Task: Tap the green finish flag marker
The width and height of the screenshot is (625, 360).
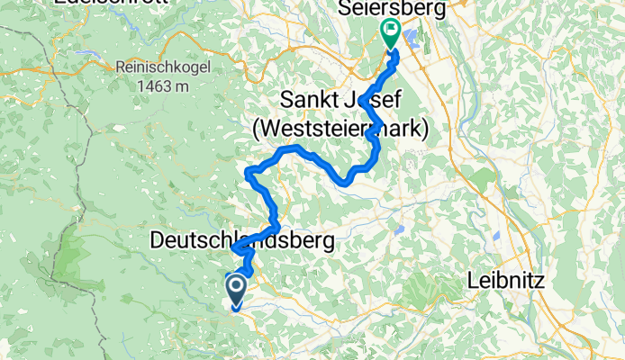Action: pos(390,32)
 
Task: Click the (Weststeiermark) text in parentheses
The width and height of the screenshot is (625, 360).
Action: pos(340,130)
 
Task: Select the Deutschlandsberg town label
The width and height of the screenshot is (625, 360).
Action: pos(241,240)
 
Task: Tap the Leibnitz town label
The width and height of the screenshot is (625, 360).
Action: pos(506,281)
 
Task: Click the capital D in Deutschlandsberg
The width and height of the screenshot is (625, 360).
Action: pos(159,240)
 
